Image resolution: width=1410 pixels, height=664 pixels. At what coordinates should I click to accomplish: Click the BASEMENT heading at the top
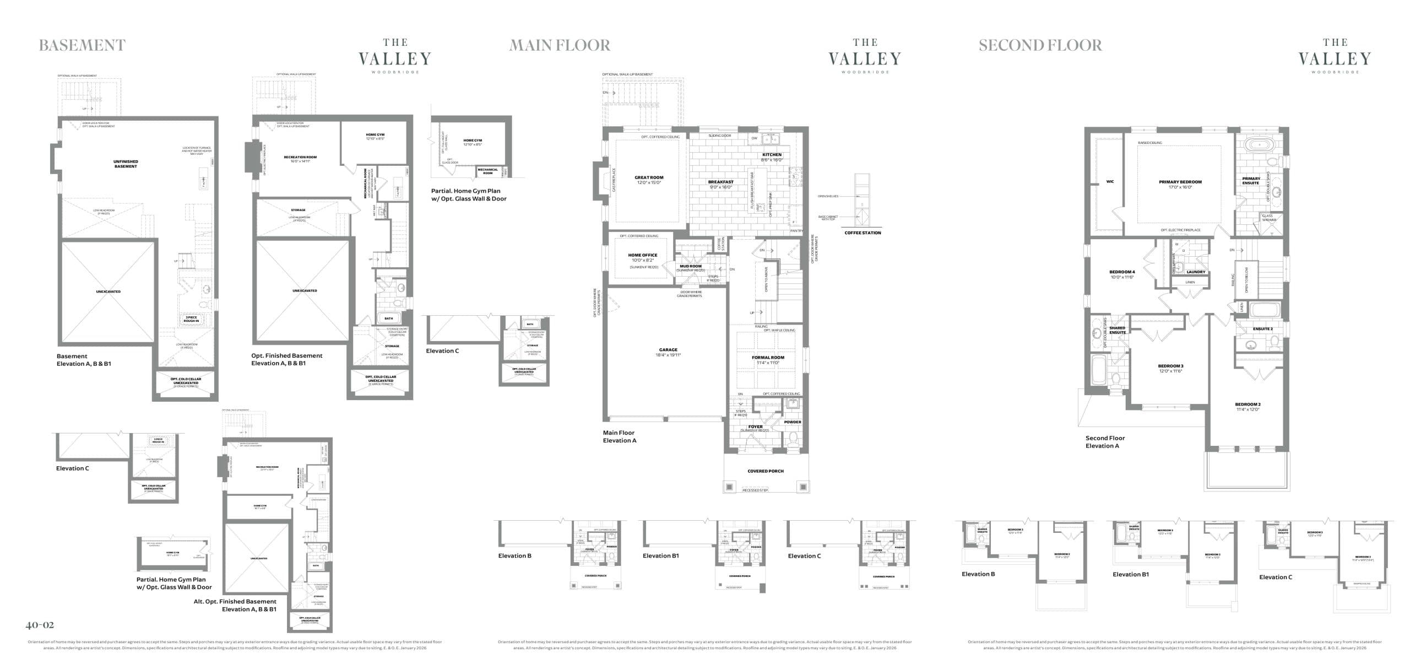coord(82,45)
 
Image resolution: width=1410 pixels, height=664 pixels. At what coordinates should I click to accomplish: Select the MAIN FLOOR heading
coord(560,45)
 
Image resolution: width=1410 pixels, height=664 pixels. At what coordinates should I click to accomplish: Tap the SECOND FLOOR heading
coord(1040,45)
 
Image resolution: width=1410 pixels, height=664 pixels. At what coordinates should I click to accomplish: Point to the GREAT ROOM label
coord(649,178)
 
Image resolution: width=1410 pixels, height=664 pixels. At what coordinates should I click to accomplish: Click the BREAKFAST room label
coord(720,182)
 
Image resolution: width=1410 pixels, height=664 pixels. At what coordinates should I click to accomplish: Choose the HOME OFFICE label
coord(642,255)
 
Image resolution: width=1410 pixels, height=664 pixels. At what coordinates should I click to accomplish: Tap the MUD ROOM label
coord(690,266)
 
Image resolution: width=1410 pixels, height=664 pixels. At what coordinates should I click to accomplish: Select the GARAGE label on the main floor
coord(668,350)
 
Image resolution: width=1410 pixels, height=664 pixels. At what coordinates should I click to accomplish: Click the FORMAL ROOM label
coord(768,358)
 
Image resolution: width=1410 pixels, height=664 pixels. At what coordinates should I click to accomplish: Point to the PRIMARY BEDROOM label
coord(1180,182)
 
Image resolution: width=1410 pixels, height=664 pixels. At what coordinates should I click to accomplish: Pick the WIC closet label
coord(1110,181)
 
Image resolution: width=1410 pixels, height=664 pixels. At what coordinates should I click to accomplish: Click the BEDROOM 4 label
coord(1121,272)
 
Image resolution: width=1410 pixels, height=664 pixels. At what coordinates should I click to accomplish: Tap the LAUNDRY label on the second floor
coord(1196,272)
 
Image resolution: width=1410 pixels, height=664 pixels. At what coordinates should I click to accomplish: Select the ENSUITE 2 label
coord(1262,329)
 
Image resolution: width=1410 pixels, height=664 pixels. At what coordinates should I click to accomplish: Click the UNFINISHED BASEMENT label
coord(126,164)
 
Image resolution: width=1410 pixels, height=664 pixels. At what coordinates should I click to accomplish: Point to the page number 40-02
coord(40,625)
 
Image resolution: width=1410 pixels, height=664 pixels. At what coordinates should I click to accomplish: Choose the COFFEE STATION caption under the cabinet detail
coord(863,233)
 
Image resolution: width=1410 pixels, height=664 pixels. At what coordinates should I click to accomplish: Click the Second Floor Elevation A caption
coord(1105,442)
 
